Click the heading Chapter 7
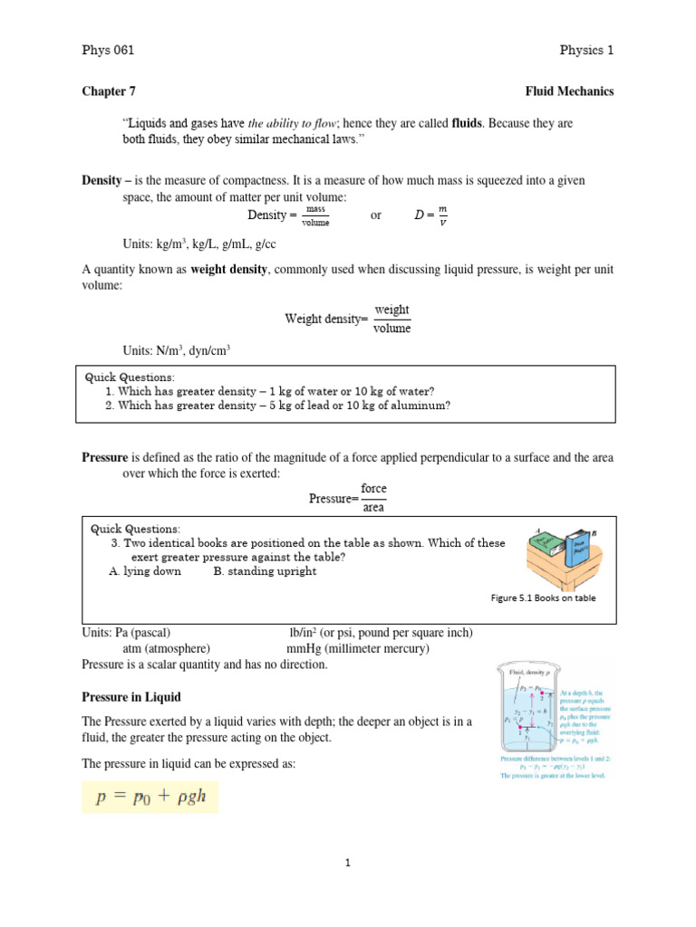click(109, 91)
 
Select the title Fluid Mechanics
click(570, 91)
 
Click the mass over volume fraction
click(315, 215)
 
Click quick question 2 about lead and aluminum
click(277, 406)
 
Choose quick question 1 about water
click(270, 391)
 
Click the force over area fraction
click(373, 497)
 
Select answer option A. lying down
click(144, 571)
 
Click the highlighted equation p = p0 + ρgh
click(150, 797)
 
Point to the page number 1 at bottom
click(348, 863)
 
